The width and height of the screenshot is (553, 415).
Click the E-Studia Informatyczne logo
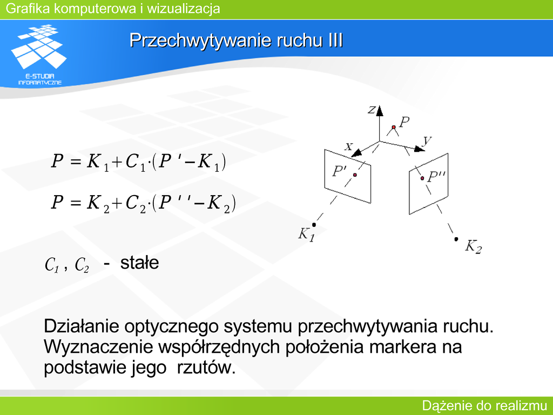[39, 55]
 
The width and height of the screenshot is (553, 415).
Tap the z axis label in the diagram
[371, 110]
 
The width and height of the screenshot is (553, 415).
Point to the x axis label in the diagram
[349, 146]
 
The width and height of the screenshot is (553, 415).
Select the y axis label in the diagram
[427, 140]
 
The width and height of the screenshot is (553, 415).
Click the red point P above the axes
[394, 127]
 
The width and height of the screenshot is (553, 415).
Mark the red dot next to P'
[355, 175]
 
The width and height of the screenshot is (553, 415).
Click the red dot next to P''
[422, 178]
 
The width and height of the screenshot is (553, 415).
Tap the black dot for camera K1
[314, 225]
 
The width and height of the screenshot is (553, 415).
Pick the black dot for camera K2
[456, 239]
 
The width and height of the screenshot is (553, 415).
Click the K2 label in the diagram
[473, 246]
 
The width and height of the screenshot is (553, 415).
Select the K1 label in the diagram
[306, 235]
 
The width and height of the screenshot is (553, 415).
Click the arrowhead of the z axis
[380, 111]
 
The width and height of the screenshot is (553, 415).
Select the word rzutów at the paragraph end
[206, 367]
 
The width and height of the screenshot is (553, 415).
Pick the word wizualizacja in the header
[184, 9]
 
